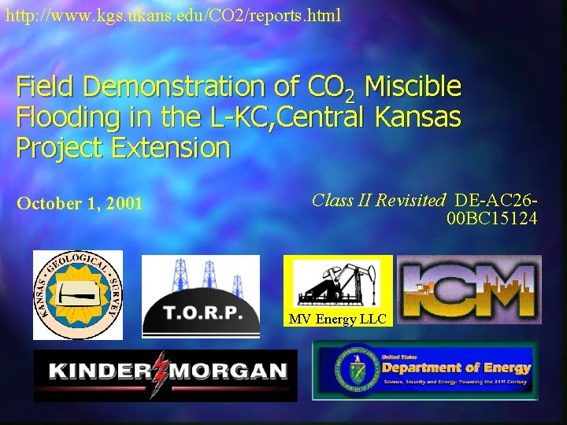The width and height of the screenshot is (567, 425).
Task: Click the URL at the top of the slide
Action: click(x=172, y=15)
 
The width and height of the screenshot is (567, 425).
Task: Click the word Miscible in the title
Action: click(x=413, y=85)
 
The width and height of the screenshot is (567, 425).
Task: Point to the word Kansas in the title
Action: click(x=418, y=116)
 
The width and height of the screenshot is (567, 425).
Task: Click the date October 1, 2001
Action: click(x=80, y=204)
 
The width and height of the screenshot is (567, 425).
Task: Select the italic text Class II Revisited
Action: click(x=379, y=200)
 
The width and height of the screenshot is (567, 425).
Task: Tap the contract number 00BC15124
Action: click(x=491, y=218)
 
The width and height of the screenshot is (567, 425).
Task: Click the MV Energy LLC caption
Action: click(x=337, y=319)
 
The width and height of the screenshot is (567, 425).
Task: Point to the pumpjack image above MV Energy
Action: click(x=337, y=284)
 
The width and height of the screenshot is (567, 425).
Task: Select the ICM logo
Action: click(x=469, y=289)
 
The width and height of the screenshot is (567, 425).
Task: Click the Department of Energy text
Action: click(x=455, y=368)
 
